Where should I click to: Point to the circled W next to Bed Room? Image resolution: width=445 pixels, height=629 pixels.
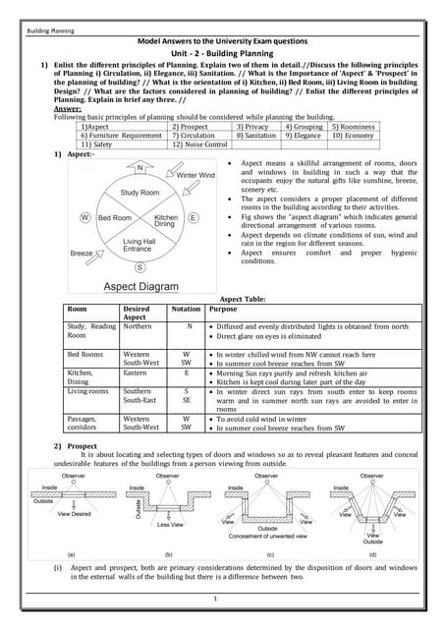pyautogui.click(x=86, y=217)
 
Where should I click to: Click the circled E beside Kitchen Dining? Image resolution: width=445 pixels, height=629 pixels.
pyautogui.click(x=194, y=217)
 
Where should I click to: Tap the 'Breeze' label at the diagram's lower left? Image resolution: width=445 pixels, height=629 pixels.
pyautogui.click(x=83, y=253)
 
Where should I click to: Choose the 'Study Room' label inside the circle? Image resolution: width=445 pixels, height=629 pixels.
pyautogui.click(x=140, y=193)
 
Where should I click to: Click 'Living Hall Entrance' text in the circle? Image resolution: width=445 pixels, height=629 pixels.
pyautogui.click(x=138, y=245)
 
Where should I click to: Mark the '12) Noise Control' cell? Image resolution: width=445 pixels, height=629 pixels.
pyautogui.click(x=199, y=143)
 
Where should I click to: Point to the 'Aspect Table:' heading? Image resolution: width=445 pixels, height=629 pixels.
pyautogui.click(x=247, y=298)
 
